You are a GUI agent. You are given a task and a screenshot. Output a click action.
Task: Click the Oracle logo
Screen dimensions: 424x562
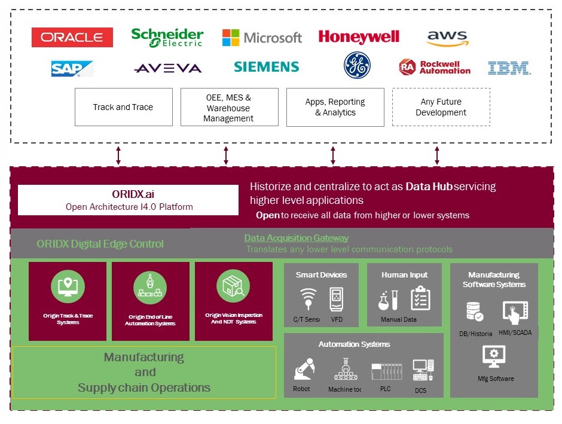pos(72,37)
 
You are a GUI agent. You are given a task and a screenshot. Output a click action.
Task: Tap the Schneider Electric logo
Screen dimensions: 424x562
pos(167,37)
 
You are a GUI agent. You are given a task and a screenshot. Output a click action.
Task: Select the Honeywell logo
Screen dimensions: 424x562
pos(359,37)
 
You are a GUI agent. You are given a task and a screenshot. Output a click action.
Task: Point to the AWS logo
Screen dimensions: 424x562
pos(448,38)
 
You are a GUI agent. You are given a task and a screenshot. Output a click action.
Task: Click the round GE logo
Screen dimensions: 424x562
pos(357,65)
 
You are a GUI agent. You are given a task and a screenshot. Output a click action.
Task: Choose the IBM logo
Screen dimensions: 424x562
pos(509,68)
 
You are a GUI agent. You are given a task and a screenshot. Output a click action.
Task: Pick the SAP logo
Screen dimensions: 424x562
pos(72,68)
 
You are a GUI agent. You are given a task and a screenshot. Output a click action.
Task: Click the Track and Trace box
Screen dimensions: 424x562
pos(123,107)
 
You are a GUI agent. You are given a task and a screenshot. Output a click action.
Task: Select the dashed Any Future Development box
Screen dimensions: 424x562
pos(441,107)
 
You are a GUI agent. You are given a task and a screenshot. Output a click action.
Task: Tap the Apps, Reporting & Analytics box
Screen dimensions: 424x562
pos(335,107)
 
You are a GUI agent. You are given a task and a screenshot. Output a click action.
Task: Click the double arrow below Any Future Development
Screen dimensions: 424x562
pos(437,155)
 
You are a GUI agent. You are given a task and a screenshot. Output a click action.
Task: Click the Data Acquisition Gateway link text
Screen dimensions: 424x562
pos(296,238)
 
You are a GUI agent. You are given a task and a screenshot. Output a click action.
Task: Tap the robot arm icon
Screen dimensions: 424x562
pos(303,370)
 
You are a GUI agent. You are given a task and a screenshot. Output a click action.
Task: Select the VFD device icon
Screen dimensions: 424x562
pos(336,298)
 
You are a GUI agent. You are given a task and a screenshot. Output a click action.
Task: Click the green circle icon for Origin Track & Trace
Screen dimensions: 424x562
pos(68,286)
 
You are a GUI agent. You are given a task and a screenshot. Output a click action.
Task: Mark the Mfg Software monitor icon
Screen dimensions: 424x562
pos(494,356)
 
